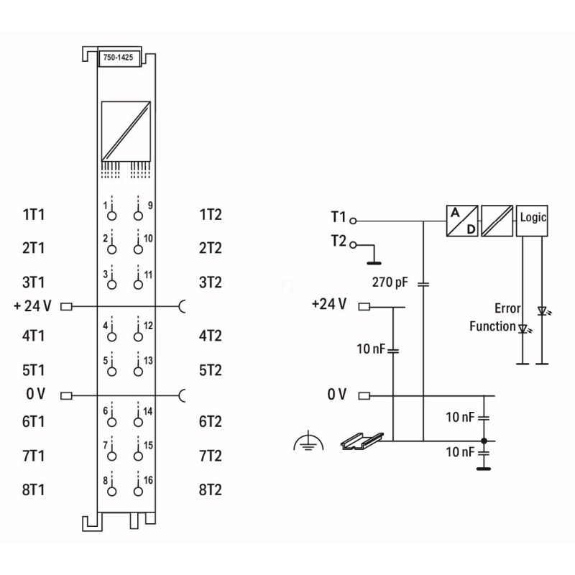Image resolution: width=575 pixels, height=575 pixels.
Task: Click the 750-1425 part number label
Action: (x=118, y=57)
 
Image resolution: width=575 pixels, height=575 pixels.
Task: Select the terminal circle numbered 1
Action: (x=112, y=216)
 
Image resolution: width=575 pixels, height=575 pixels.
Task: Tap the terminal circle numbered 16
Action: (x=138, y=492)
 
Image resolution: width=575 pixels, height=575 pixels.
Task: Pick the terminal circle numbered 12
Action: (x=138, y=336)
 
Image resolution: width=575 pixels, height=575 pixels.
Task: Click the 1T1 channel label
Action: (x=33, y=214)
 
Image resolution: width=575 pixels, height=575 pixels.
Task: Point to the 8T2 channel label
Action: (x=211, y=490)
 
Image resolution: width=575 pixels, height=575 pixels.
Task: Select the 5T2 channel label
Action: (x=211, y=370)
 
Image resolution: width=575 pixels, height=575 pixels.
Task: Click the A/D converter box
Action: (x=462, y=221)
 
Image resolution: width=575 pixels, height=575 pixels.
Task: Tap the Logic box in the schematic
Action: (x=532, y=221)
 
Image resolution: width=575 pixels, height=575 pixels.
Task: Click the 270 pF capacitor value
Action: (x=390, y=282)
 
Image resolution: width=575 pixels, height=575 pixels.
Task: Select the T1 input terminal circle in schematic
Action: (x=353, y=221)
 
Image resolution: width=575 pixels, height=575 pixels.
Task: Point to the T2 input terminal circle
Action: (x=353, y=245)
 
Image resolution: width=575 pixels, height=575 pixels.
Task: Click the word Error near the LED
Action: (x=507, y=308)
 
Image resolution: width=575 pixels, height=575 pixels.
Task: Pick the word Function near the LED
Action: (x=492, y=326)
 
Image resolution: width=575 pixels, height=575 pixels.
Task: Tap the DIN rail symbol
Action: (x=362, y=441)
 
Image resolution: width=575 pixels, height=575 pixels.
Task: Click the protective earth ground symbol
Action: (x=308, y=441)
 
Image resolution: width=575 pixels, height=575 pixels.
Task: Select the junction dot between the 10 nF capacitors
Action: (x=484, y=441)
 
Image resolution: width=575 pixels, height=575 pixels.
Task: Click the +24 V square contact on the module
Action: (x=66, y=306)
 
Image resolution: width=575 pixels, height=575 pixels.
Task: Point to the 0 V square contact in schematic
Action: (x=364, y=396)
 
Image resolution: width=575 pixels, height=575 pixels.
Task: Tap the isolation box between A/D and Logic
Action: (x=497, y=221)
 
